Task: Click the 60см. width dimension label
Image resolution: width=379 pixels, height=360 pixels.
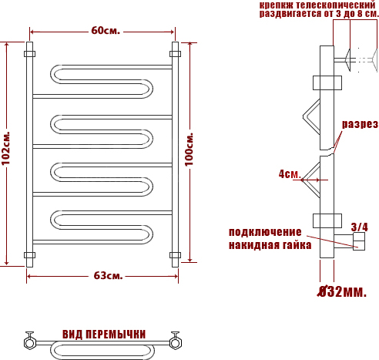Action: coord(106,31)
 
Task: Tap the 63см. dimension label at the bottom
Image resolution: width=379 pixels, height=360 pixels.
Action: coord(108,276)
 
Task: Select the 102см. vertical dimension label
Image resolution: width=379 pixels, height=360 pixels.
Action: coord(5,149)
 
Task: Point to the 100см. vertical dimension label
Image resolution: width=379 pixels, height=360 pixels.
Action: coord(189,150)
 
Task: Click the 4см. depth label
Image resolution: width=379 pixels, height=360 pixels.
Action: coord(290,174)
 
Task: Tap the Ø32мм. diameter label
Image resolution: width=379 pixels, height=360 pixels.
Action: coord(342,291)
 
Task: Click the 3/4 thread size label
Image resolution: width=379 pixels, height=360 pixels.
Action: coord(360,227)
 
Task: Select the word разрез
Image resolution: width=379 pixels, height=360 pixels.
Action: coord(360,124)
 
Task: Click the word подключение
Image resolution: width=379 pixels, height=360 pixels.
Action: coord(265,232)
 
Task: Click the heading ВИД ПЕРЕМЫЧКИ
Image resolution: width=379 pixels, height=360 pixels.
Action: coord(104,335)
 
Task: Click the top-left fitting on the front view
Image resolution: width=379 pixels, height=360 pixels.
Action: coord(30,54)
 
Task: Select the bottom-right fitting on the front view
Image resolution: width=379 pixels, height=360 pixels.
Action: coord(175,255)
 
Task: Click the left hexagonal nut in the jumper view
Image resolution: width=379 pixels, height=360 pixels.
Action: coord(29,343)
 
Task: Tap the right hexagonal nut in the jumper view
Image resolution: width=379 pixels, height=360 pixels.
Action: coord(176,343)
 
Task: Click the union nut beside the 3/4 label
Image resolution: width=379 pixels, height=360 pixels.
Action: coord(359,241)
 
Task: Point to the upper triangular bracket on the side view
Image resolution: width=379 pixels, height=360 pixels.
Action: coord(312,116)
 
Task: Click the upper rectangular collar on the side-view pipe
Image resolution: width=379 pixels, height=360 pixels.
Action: coord(327,82)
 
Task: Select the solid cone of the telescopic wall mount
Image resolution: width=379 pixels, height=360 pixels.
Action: coord(347,60)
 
